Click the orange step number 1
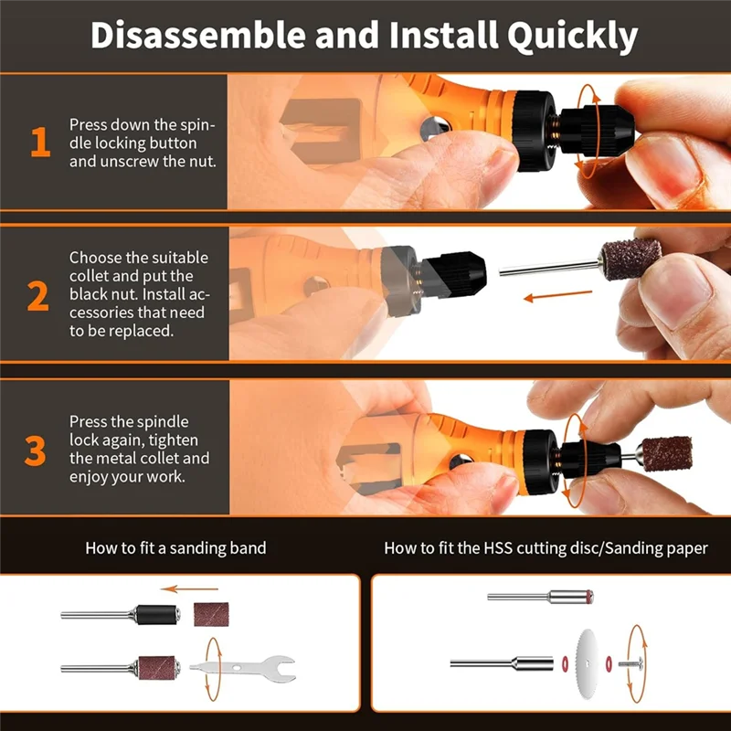pyautogui.click(x=39, y=143)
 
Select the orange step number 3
pyautogui.click(x=36, y=450)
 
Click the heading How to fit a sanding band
pyautogui.click(x=175, y=548)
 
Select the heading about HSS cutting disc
pyautogui.click(x=545, y=548)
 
